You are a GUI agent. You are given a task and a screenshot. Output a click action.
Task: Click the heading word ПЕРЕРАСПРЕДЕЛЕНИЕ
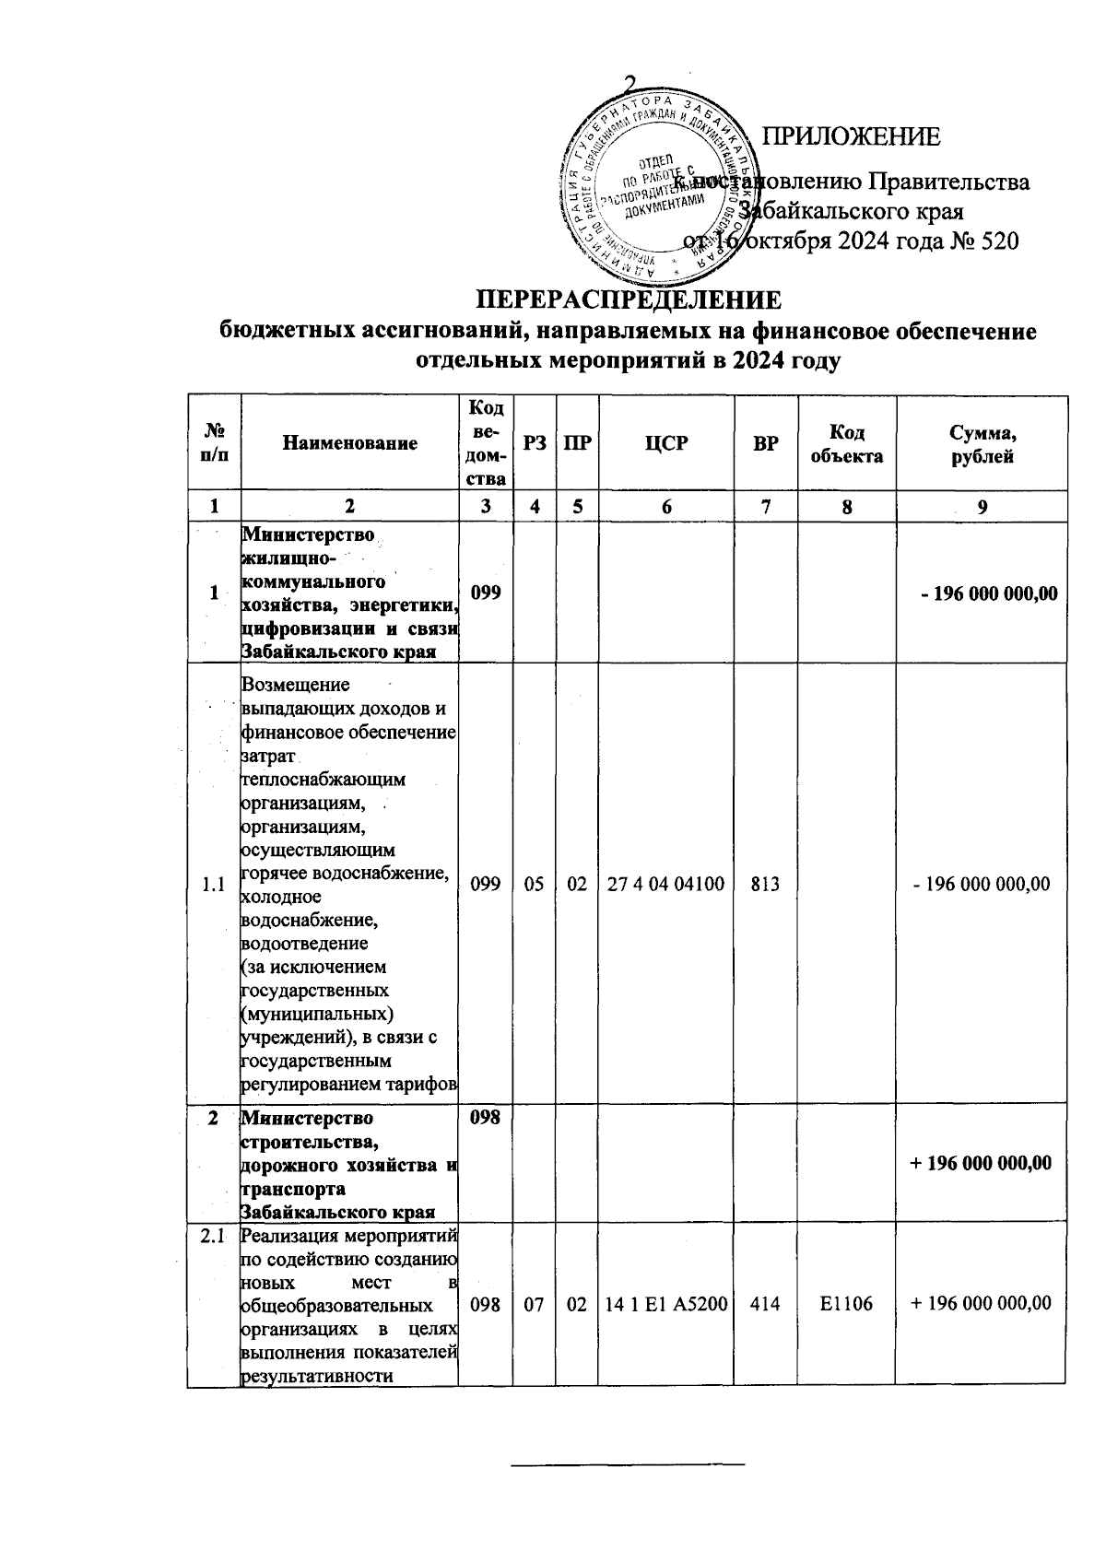[x=629, y=300]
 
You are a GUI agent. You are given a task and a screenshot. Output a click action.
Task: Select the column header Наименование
[x=349, y=443]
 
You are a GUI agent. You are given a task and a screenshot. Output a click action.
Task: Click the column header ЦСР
[x=666, y=443]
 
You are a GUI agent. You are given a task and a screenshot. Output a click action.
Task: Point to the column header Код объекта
[x=846, y=444]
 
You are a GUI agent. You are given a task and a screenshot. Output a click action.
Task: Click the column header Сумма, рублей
[x=982, y=444]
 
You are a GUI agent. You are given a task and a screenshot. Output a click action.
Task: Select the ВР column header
[x=765, y=443]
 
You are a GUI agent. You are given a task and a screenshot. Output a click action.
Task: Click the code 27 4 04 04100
[x=666, y=885]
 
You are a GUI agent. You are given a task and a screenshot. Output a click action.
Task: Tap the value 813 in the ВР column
[x=765, y=885]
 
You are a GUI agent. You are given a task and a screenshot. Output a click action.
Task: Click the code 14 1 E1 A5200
[x=666, y=1303]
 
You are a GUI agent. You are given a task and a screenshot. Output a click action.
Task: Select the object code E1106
[x=846, y=1303]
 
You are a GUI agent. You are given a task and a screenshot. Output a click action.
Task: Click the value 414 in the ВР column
[x=765, y=1303]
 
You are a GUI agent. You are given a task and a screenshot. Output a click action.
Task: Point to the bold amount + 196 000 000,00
[x=981, y=1163]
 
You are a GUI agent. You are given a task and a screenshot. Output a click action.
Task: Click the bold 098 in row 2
[x=485, y=1118]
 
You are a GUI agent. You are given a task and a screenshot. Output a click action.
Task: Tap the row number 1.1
[x=213, y=885]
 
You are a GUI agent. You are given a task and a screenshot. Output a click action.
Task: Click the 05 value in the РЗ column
[x=535, y=885]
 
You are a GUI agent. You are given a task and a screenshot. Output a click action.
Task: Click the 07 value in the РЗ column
[x=535, y=1303]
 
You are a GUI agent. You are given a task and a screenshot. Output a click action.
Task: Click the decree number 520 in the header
[x=998, y=241]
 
